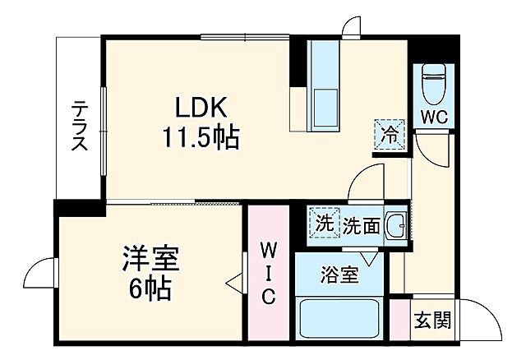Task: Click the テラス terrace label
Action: point(79,126)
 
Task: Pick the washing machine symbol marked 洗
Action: point(325,223)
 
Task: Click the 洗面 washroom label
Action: point(361,224)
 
